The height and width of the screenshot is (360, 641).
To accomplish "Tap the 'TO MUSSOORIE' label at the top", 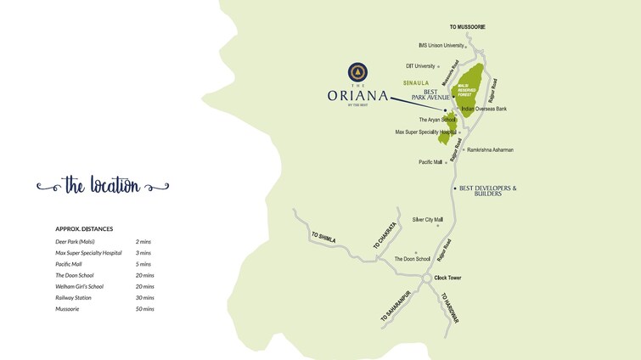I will point(467,27).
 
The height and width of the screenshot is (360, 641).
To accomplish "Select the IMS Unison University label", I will point(441,46).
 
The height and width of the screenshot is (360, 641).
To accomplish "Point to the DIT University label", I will point(420,65).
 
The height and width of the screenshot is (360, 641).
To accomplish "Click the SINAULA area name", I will point(416,83).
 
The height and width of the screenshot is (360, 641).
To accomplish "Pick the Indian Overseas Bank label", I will point(483,110).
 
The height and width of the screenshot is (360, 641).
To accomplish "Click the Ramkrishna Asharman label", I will point(490,150).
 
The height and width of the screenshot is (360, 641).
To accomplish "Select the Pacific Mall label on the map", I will point(430,162).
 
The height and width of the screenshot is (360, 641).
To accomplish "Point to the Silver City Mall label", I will point(428,219).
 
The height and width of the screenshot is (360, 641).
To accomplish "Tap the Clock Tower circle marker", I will point(427,278).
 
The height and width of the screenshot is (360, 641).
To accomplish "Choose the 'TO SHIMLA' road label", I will point(323,238).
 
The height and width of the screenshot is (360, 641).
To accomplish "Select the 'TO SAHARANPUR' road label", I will point(396,305).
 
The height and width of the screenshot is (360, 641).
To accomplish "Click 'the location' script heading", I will point(102,186).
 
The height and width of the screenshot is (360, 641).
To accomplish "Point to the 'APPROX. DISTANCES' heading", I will point(84,229).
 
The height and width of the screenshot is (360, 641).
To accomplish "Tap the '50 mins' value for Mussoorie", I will point(144,309).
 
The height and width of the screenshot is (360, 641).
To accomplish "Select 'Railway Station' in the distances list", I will point(73,298).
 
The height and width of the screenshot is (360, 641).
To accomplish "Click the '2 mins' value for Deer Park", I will point(143,242).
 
